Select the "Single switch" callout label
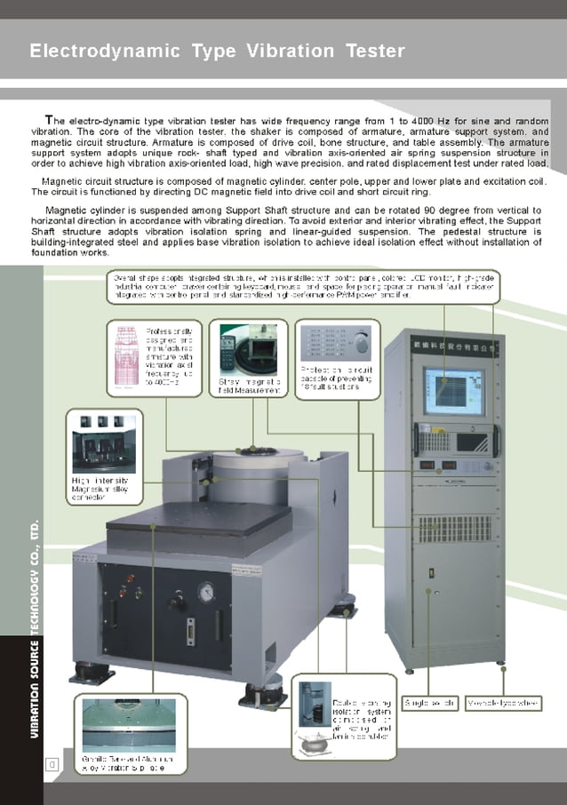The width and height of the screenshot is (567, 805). [430, 703]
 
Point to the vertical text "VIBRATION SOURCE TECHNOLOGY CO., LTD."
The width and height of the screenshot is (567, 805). [34, 630]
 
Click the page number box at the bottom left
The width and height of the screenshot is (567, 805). [52, 762]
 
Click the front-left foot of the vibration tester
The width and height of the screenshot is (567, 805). [89, 672]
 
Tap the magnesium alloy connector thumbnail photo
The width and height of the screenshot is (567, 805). [103, 442]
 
